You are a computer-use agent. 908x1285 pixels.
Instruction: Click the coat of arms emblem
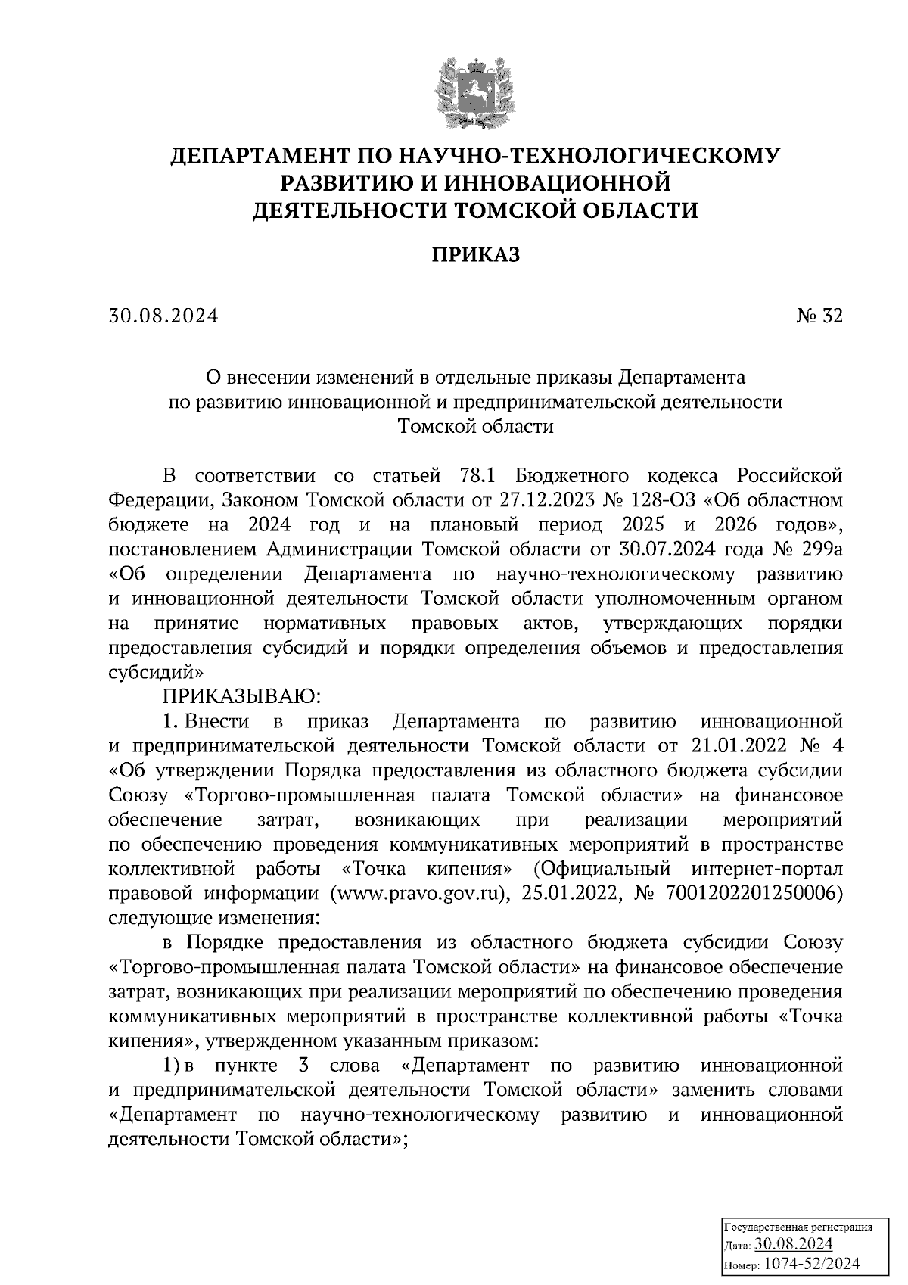tap(475, 90)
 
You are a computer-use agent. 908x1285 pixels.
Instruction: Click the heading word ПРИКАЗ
tap(476, 255)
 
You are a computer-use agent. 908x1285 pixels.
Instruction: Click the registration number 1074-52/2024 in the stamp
tap(811, 1263)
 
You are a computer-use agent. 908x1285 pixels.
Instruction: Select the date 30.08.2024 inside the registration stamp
tap(794, 1245)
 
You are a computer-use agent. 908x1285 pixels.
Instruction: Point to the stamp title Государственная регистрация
tap(799, 1227)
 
